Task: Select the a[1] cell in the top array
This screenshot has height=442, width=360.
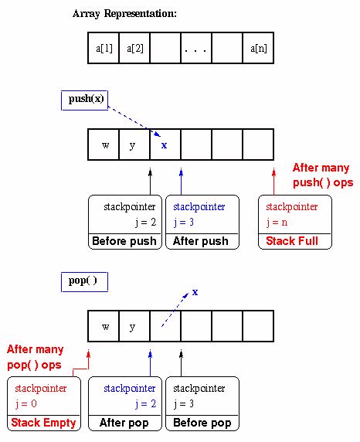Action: click(x=104, y=49)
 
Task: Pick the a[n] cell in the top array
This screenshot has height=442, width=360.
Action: click(x=258, y=49)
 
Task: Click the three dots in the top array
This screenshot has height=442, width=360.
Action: click(x=196, y=49)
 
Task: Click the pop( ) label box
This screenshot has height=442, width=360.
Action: click(x=83, y=280)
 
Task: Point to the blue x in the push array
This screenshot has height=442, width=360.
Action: click(x=164, y=144)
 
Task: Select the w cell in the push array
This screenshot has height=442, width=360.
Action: click(x=105, y=145)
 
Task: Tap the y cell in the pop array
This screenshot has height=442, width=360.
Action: click(x=134, y=327)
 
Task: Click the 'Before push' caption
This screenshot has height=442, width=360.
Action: click(x=124, y=241)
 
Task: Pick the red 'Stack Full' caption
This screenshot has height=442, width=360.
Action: click(x=292, y=241)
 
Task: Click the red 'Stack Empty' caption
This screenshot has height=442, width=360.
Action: click(x=43, y=423)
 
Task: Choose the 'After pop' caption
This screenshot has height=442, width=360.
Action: click(x=124, y=423)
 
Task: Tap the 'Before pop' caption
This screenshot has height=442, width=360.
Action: click(x=203, y=423)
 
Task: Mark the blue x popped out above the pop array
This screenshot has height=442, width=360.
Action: click(x=195, y=292)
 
